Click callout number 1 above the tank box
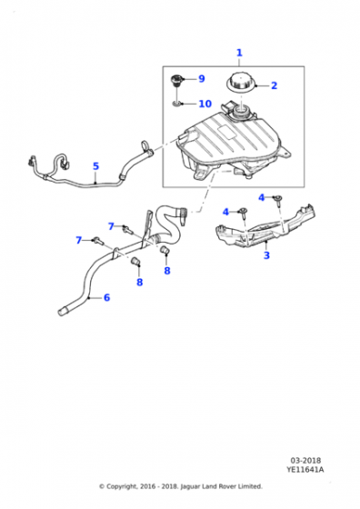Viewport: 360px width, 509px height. tap(239, 53)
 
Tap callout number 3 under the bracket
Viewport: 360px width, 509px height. tap(265, 256)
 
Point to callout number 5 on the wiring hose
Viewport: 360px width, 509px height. tap(95, 166)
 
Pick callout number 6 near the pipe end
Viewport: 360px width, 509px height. tap(106, 297)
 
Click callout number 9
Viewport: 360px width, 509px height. tap(201, 79)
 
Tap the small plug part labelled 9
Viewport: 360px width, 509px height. tap(175, 84)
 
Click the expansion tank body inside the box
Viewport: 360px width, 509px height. tap(223, 145)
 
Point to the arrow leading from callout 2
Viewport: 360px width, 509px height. tap(261, 85)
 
